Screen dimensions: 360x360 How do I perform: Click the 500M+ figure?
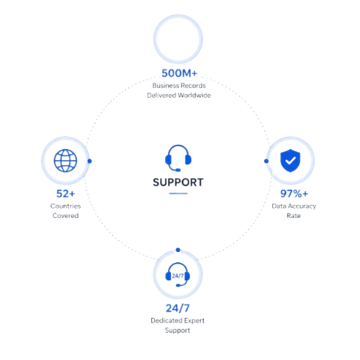point(179,73)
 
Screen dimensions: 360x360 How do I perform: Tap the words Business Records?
point(179,86)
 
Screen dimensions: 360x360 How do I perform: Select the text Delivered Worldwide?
point(179,96)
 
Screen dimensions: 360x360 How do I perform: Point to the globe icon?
point(66,161)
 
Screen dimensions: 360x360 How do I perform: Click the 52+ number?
point(66,194)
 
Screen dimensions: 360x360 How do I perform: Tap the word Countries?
point(66,206)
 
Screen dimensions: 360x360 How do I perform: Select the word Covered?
point(66,216)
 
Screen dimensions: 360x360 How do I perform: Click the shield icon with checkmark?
point(290,161)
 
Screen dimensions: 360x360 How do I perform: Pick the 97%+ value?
point(294,194)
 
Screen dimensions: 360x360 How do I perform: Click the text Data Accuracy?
point(294,207)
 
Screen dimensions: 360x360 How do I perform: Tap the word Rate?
point(294,216)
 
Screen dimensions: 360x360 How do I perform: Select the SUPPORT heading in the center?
point(178,182)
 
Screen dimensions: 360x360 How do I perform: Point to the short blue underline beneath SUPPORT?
point(178,194)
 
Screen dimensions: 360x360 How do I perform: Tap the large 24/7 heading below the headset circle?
point(178,308)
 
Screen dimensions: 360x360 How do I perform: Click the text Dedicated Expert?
point(178,320)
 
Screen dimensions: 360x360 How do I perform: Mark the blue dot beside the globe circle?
point(89,161)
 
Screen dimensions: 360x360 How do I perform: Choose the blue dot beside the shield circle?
point(266,161)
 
